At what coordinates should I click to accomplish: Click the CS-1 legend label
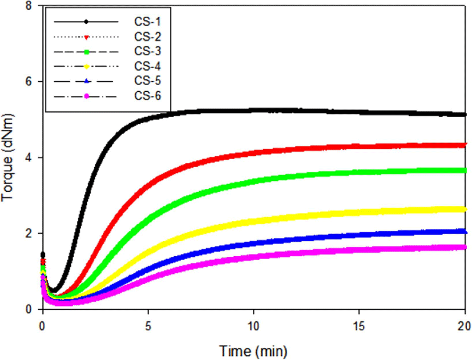(x=147, y=22)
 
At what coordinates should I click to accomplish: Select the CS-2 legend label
(x=147, y=37)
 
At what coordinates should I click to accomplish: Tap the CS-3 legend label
(x=147, y=51)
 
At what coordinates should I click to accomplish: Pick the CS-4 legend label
(x=147, y=66)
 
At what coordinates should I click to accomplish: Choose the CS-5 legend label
(x=147, y=80)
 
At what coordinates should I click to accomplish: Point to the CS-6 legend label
(x=147, y=96)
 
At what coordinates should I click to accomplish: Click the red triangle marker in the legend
(x=86, y=37)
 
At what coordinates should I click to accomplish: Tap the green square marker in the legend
(x=86, y=52)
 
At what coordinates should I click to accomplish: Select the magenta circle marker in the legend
(x=86, y=96)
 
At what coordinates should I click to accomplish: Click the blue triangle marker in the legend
(x=86, y=81)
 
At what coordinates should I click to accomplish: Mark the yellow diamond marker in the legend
(x=86, y=67)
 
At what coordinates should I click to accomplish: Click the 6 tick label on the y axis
(x=29, y=82)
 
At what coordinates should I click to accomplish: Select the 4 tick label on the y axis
(x=29, y=157)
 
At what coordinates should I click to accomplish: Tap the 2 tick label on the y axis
(x=29, y=233)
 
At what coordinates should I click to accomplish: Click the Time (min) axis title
(x=253, y=351)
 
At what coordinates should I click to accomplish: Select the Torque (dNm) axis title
(x=7, y=157)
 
